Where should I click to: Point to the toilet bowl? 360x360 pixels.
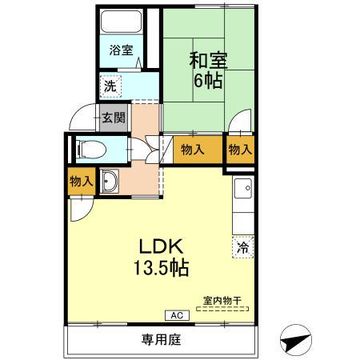89,148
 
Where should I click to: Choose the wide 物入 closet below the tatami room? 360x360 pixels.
192,149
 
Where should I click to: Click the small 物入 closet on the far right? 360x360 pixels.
239,149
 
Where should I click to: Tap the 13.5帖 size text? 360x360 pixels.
161,268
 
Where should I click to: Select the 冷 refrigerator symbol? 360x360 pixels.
241,247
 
